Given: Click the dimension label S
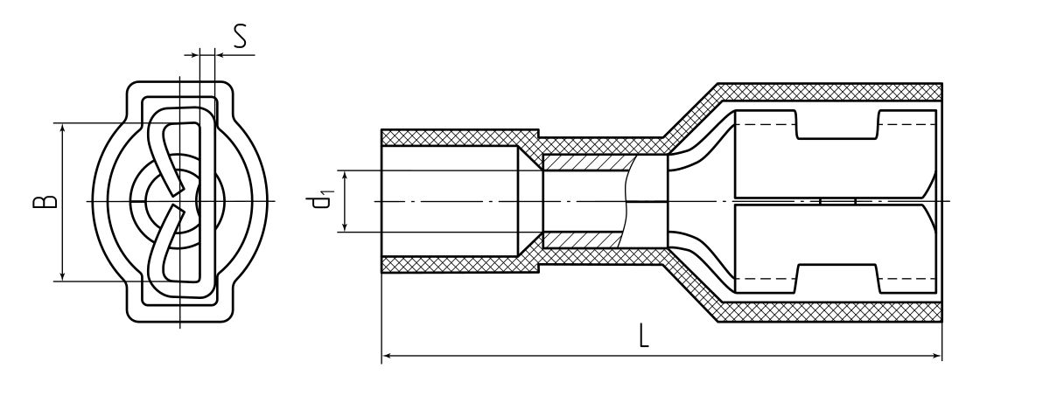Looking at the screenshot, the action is tap(241, 37).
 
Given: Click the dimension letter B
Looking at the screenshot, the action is tap(45, 201).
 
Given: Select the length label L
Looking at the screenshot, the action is tap(644, 335).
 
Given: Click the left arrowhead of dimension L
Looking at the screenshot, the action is tap(387, 356).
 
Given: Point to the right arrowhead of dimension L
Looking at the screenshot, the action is tap(936, 356).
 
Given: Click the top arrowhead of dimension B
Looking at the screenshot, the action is tap(62, 129).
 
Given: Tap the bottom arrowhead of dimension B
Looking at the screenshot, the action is tap(62, 275).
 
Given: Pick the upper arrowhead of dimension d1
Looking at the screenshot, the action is tap(345, 177).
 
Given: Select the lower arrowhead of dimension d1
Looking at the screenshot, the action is tap(345, 226).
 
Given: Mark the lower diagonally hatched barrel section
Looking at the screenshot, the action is tap(584, 240).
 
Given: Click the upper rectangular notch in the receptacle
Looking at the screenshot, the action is tap(836, 124).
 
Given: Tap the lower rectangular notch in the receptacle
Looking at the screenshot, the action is tap(836, 279).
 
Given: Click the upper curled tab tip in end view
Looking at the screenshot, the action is tap(177, 190).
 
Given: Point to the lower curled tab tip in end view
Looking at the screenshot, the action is tap(177, 213).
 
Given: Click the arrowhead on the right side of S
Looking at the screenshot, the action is tap(221, 55).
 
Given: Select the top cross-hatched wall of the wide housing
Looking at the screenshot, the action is tap(829, 92).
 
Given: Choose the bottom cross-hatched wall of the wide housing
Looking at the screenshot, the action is tap(829, 312).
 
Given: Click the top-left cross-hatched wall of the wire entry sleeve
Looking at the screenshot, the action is tap(459, 137).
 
